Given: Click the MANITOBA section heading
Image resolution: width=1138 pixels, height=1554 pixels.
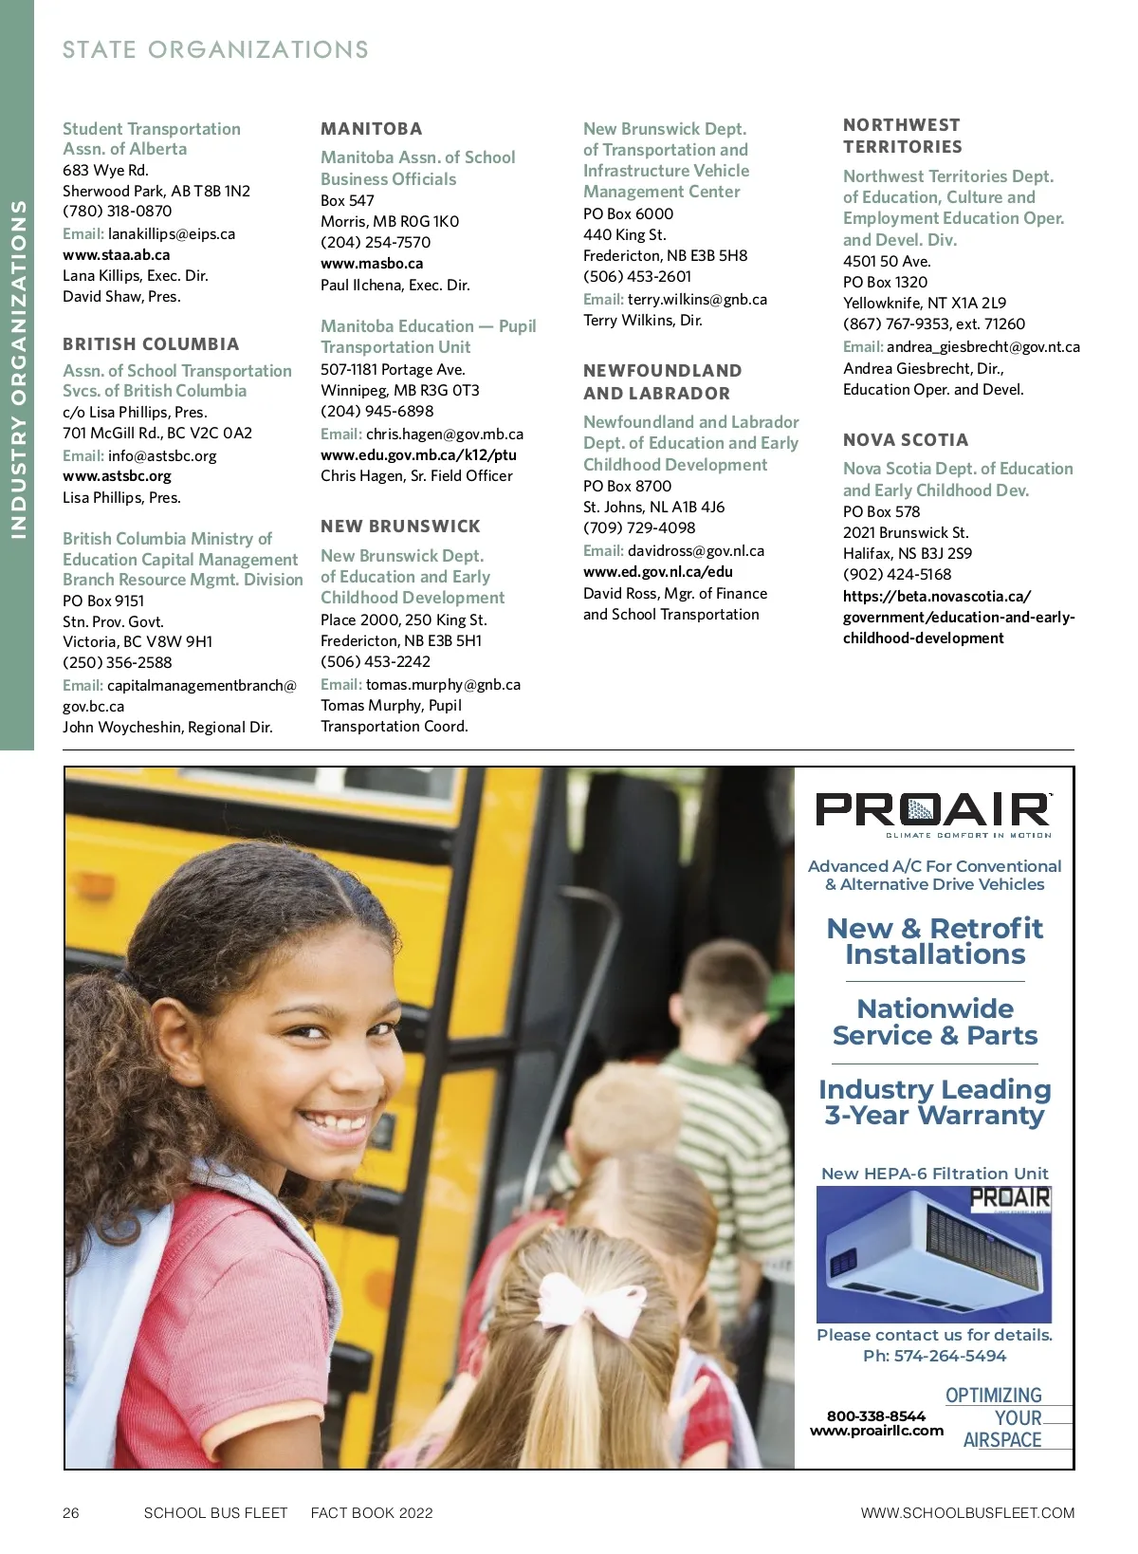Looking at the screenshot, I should (371, 129).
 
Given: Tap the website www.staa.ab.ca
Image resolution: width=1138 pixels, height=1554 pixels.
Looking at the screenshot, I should (117, 254).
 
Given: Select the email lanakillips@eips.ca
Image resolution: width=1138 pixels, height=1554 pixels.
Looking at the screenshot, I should (172, 233).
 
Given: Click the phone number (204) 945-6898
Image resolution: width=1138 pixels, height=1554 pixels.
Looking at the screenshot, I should (376, 411).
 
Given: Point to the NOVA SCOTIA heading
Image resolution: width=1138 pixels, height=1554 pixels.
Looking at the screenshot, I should (906, 440).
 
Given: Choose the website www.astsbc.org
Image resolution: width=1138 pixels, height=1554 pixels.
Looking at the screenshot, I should (117, 476).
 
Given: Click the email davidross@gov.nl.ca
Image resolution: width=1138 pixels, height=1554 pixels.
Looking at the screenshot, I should (695, 550).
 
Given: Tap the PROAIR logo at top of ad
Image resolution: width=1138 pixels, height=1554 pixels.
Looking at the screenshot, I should (934, 812).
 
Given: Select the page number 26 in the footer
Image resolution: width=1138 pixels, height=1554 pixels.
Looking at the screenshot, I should (71, 1513).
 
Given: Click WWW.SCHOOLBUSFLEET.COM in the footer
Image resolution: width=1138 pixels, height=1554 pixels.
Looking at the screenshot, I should (967, 1513).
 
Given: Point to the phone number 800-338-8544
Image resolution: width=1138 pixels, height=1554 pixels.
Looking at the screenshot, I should (875, 1415).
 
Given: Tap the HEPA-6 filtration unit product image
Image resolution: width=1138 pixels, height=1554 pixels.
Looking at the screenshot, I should (934, 1254).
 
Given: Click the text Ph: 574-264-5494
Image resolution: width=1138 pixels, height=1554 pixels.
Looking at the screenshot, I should (934, 1356).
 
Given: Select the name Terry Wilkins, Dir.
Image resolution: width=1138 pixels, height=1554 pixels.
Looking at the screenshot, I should (642, 320).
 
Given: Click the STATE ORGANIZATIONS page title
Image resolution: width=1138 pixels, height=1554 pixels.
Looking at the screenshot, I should (215, 49).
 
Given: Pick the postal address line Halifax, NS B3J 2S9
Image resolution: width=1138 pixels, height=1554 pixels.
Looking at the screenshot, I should (907, 553).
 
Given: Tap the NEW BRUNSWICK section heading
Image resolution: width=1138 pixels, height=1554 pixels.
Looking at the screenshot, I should (400, 527).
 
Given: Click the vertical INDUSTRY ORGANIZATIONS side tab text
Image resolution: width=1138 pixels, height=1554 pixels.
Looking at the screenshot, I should (17, 370).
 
